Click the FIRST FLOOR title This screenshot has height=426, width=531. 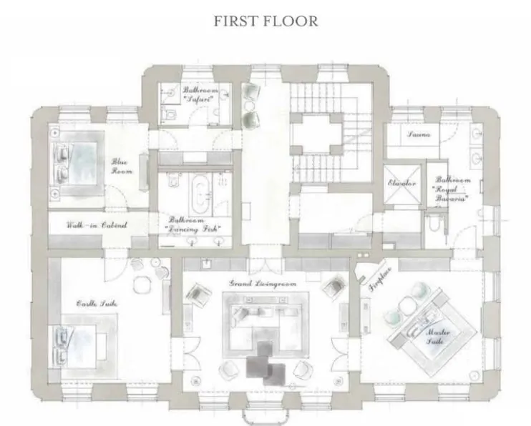tap(265, 21)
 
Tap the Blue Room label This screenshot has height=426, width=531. tap(118, 167)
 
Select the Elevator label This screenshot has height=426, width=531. tap(402, 184)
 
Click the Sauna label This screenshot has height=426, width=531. tap(418, 134)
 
